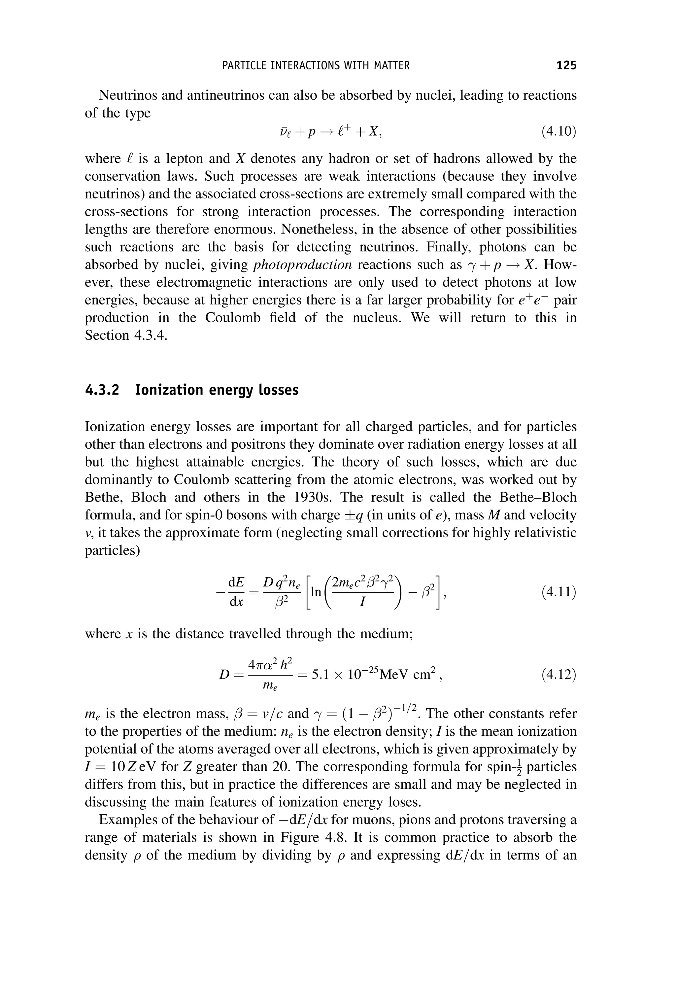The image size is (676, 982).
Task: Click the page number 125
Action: [x=566, y=65]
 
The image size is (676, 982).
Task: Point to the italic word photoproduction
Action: [x=302, y=265]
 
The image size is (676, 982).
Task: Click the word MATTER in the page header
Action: [x=392, y=66]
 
